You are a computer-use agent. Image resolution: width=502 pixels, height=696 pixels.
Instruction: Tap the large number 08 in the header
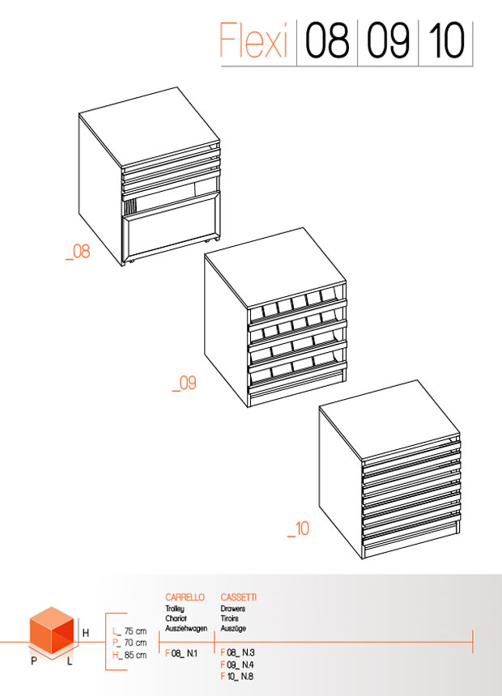tap(327, 40)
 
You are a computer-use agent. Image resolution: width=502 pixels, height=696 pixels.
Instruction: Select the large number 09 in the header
tap(389, 40)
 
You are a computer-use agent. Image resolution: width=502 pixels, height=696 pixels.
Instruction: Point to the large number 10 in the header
tap(447, 40)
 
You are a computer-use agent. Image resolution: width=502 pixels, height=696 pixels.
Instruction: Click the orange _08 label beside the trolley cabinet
tap(78, 252)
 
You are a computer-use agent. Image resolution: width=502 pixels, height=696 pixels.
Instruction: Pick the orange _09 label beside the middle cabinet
tap(185, 384)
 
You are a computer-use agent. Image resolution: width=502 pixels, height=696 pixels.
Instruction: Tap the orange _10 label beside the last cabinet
tap(298, 528)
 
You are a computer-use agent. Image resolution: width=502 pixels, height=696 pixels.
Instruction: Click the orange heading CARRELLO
tap(185, 597)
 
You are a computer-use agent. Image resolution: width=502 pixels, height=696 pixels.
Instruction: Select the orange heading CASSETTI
tap(239, 597)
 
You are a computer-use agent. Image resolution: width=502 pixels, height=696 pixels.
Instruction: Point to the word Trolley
tap(175, 609)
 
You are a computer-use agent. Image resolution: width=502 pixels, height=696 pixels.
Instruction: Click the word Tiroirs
tap(230, 618)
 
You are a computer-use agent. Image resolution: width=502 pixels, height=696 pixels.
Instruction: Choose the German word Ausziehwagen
tap(186, 629)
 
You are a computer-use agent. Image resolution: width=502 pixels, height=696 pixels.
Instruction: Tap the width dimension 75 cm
tap(135, 630)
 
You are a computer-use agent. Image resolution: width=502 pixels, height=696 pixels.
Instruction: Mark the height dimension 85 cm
tap(135, 655)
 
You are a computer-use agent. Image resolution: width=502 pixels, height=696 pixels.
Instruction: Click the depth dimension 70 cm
tap(135, 643)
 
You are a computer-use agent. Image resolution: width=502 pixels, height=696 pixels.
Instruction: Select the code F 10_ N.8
tap(237, 677)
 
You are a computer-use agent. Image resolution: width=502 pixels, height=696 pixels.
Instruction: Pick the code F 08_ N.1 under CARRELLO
tap(181, 653)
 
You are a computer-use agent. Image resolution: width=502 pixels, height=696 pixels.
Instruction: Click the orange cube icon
tap(52, 630)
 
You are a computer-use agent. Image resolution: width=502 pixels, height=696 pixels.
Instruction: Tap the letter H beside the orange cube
tap(86, 633)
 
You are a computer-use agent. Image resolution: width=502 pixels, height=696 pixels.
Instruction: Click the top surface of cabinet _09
tap(274, 268)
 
